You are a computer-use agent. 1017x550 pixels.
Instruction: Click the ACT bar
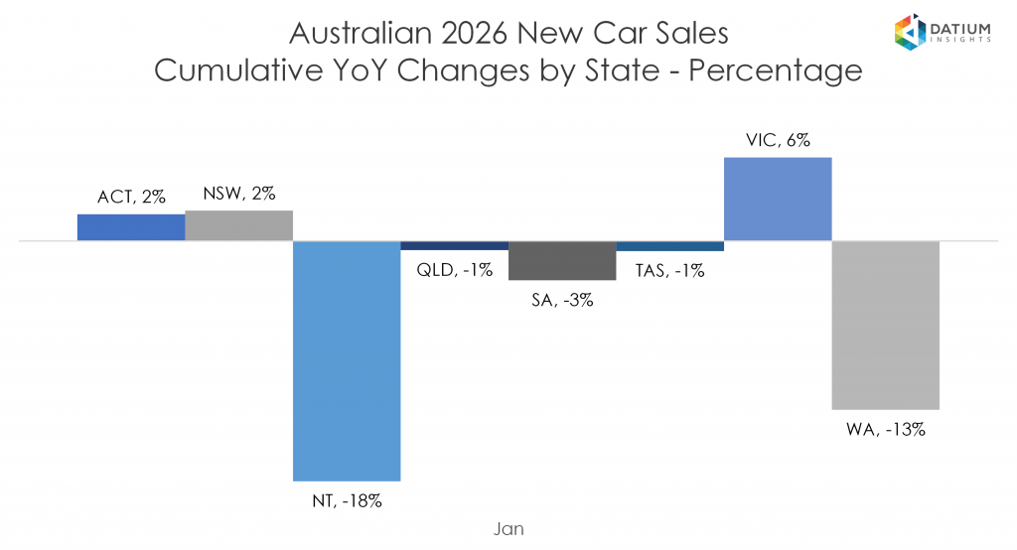(131, 227)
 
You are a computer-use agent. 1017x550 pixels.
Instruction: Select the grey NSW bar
(238, 225)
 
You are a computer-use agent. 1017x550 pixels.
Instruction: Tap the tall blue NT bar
(347, 360)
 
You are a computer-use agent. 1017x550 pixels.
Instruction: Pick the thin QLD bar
(454, 245)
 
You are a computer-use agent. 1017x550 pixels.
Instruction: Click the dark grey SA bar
(562, 260)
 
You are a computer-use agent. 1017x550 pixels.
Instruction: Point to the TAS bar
(669, 245)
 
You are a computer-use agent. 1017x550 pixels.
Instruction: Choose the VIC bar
(778, 199)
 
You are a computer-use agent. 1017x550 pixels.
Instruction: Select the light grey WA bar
(885, 325)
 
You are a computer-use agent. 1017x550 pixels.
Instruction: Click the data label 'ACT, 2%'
(131, 197)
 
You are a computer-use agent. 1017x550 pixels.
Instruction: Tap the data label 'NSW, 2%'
(238, 194)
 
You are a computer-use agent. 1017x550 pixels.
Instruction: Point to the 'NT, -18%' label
(347, 501)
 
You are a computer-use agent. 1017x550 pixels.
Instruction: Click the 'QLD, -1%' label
(454, 268)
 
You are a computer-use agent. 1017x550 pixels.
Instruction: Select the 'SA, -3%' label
(562, 299)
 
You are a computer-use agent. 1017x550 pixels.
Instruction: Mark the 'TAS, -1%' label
(669, 268)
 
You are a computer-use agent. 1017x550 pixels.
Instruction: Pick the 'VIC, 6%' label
(778, 141)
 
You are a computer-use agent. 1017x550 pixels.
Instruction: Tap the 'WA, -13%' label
(885, 430)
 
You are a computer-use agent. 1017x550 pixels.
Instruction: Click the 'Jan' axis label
(508, 529)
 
